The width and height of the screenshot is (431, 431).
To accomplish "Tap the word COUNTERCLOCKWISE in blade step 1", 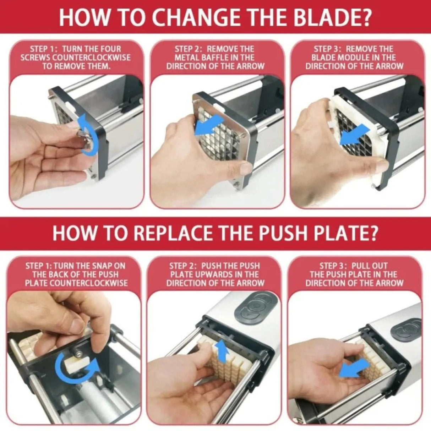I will (95, 58).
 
